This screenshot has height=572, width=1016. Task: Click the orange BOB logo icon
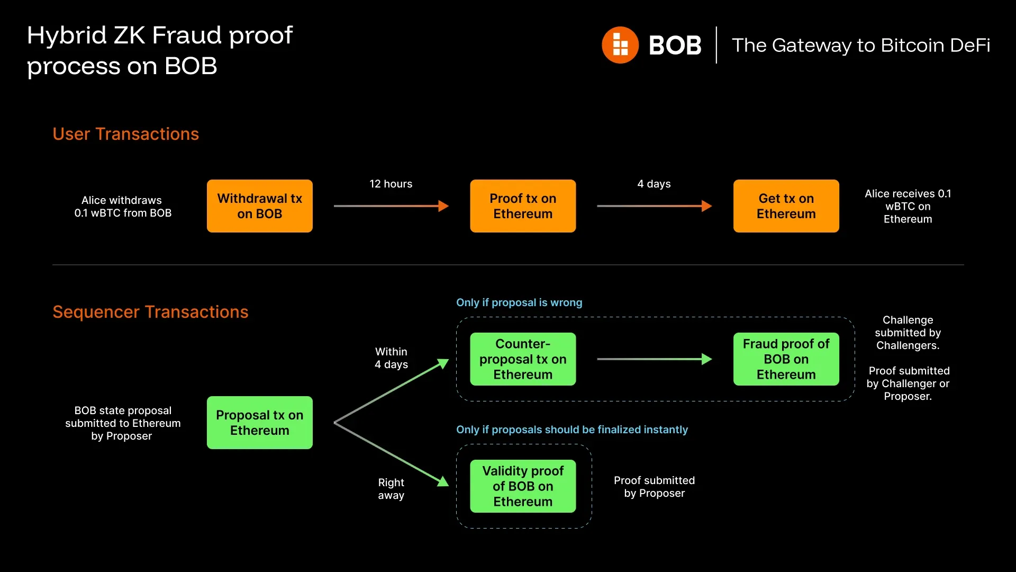(620, 45)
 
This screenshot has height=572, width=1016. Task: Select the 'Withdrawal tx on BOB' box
(259, 206)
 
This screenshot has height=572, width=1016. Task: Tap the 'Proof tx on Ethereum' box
(523, 206)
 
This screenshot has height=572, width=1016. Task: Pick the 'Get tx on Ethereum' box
(786, 206)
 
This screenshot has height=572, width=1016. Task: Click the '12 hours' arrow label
(391, 184)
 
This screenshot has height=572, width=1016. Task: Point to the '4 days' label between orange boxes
(654, 184)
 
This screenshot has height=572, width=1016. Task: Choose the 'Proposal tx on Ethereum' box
(259, 423)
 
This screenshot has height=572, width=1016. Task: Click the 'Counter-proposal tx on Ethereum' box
(523, 359)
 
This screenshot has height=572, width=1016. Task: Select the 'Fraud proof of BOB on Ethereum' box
(786, 359)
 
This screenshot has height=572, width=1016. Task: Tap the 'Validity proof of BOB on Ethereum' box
(523, 486)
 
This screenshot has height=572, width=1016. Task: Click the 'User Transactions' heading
(125, 134)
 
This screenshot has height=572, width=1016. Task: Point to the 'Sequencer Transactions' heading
(150, 312)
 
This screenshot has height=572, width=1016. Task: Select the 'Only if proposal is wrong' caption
(519, 302)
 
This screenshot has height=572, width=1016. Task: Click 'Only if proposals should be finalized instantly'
(572, 430)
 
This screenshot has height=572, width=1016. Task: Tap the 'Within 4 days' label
(391, 358)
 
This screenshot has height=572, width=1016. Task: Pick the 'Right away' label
(391, 489)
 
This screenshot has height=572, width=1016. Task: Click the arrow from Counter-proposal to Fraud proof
(654, 359)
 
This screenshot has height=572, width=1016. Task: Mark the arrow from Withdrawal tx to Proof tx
(391, 206)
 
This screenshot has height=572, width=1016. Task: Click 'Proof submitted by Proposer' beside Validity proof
(654, 487)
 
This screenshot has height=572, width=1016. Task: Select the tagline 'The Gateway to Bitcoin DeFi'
(861, 46)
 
